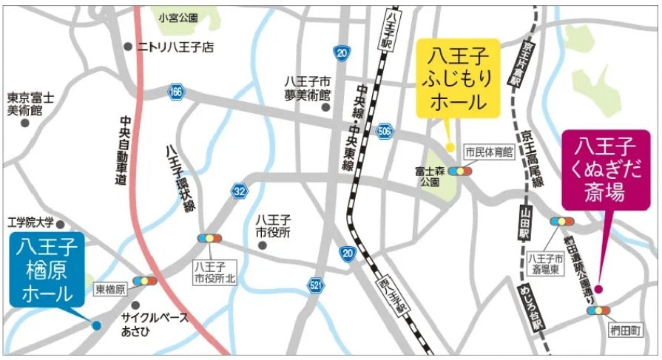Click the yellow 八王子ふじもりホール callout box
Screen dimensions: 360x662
pyautogui.click(x=457, y=78)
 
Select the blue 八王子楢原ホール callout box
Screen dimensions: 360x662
pyautogui.click(x=47, y=269)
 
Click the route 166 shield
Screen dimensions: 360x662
pyautogui.click(x=175, y=92)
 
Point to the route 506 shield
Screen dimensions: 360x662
pyautogui.click(x=385, y=131)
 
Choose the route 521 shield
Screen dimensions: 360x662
pyautogui.click(x=317, y=285)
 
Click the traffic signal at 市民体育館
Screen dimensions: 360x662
pyautogui.click(x=460, y=171)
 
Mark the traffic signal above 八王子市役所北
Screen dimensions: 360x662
pyautogui.click(x=209, y=239)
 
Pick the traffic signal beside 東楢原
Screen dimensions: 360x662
pyautogui.click(x=144, y=281)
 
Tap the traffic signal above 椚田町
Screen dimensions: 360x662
pyautogui.click(x=598, y=310)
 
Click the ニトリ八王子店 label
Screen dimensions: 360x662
pyautogui.click(x=175, y=47)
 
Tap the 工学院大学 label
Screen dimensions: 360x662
pyautogui.click(x=31, y=222)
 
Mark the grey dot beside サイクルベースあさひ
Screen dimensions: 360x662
pyautogui.click(x=135, y=305)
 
